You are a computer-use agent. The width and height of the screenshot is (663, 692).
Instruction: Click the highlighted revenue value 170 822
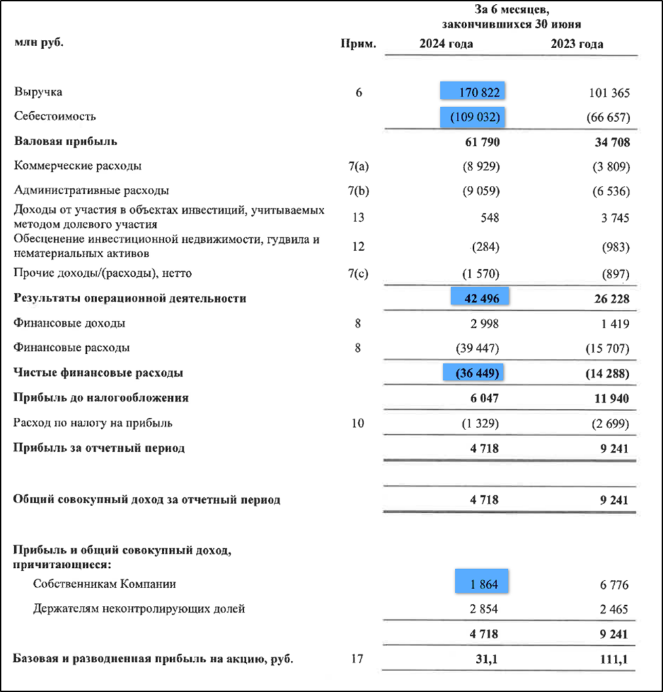473,92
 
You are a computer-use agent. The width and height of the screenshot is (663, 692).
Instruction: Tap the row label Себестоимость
55,116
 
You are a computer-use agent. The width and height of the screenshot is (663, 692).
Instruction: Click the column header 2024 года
446,45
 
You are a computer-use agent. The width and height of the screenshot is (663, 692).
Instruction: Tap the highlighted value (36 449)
475,373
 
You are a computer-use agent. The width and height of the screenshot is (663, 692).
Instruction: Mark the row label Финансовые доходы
70,324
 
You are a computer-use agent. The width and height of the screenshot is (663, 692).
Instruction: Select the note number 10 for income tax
358,423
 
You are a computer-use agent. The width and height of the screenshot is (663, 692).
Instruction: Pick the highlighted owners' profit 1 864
481,584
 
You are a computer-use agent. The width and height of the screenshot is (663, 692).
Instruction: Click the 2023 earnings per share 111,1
614,659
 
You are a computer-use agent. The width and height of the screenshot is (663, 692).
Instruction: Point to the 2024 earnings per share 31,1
485,659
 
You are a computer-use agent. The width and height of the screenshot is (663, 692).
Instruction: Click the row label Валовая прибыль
66,142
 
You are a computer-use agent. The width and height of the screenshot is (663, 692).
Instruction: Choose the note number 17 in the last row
358,659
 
